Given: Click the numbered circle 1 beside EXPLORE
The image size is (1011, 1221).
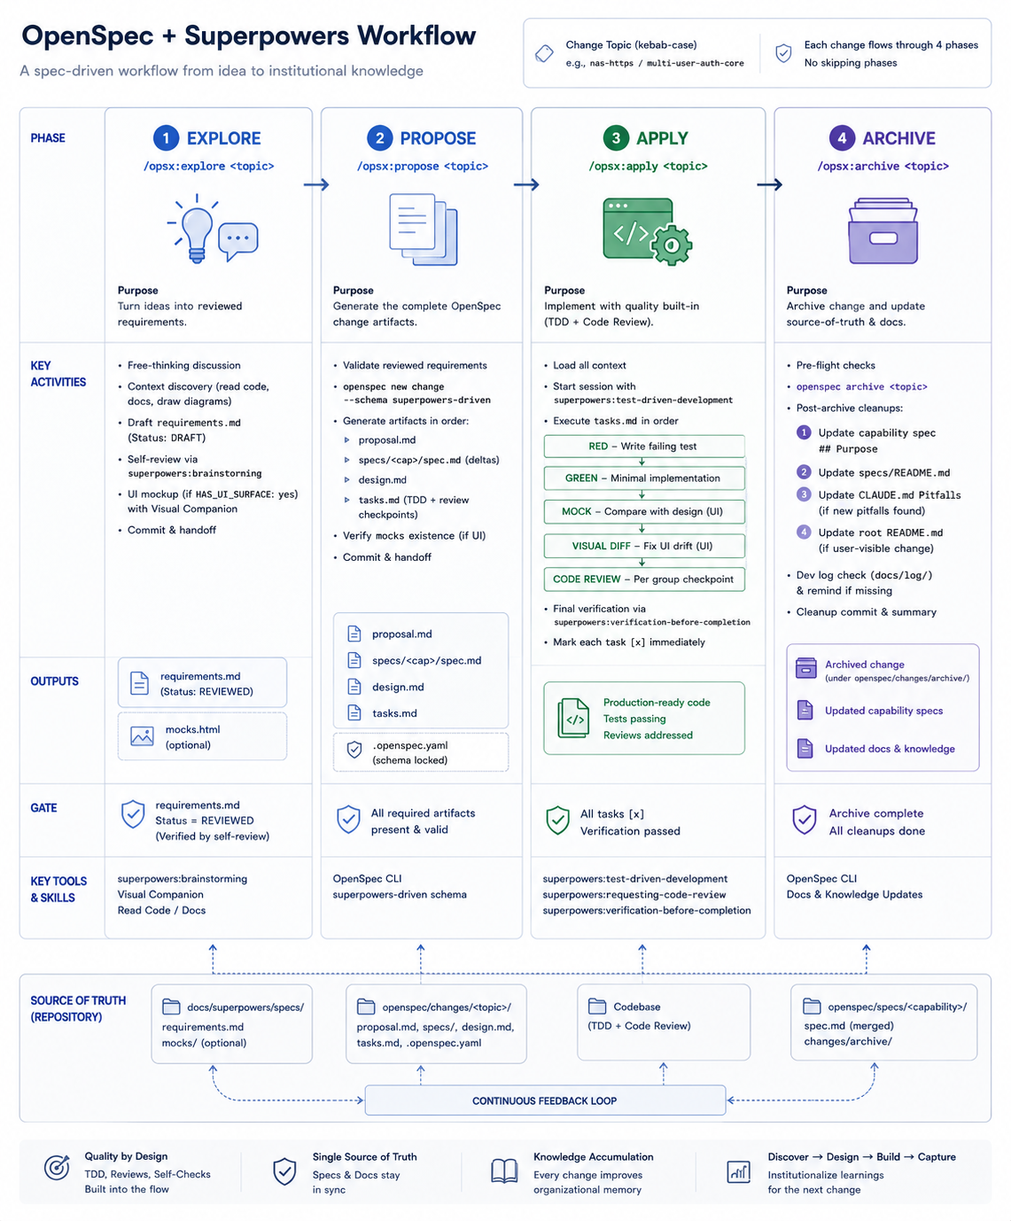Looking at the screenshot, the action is tap(166, 138).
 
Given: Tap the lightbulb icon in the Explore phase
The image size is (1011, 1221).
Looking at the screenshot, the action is tap(197, 229).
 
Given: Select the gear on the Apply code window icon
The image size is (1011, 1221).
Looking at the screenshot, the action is tap(672, 245).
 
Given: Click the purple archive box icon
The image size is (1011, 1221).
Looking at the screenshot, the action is tap(883, 231).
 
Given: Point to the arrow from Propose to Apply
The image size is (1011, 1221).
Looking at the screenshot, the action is tap(526, 185).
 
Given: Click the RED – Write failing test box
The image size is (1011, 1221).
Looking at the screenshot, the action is tap(644, 447).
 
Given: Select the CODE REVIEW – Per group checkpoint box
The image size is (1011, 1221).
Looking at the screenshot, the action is tap(644, 579).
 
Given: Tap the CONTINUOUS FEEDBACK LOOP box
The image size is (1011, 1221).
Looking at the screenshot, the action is tap(544, 1100).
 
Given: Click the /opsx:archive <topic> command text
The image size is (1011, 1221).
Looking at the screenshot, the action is tap(883, 166).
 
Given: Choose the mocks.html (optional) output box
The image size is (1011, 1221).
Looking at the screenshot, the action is tap(202, 736).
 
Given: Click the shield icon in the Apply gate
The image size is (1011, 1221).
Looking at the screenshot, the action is tap(557, 820).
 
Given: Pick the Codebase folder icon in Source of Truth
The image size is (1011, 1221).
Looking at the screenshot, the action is tap(597, 1006).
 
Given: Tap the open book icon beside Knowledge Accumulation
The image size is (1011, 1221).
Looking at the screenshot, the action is tap(504, 1171).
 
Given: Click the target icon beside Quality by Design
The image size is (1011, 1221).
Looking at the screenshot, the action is tap(57, 1167).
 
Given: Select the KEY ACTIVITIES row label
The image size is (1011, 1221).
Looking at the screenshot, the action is tap(58, 374).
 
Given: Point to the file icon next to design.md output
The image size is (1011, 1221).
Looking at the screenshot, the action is tap(354, 687).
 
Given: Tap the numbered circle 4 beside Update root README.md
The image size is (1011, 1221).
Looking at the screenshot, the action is tap(804, 533).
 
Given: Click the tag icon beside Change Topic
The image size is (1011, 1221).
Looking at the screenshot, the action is tap(544, 54).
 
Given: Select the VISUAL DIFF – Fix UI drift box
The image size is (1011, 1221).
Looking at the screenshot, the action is tap(644, 546).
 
